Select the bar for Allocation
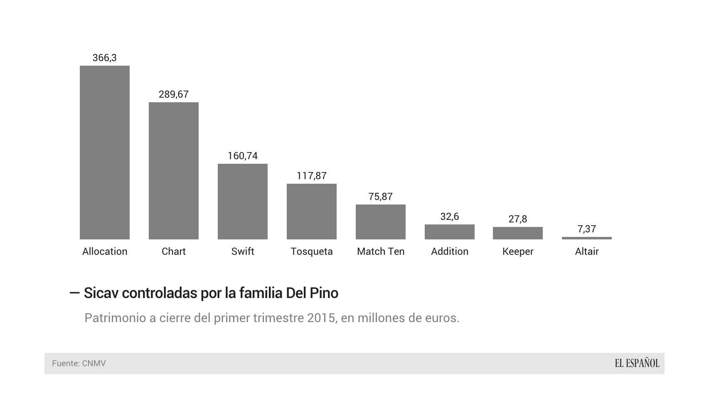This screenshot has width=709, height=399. pyautogui.click(x=105, y=152)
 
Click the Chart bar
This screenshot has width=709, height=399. pyautogui.click(x=174, y=170)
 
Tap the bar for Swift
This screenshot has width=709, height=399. pyautogui.click(x=243, y=201)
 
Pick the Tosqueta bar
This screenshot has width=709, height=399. pyautogui.click(x=312, y=211)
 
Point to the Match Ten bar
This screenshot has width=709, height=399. pyautogui.click(x=381, y=222)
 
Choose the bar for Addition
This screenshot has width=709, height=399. pyautogui.click(x=450, y=232)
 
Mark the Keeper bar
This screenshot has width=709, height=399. pyautogui.click(x=518, y=233)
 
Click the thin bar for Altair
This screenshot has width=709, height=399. pyautogui.click(x=587, y=238)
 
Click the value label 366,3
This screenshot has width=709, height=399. pyautogui.click(x=105, y=58)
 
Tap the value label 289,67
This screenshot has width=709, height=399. pyautogui.click(x=174, y=94)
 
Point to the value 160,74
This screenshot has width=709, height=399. pyautogui.click(x=243, y=156)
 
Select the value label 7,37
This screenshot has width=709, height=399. pyautogui.click(x=587, y=229)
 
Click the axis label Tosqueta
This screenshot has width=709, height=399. pyautogui.click(x=312, y=251)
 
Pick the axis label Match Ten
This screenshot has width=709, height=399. pyautogui.click(x=381, y=251)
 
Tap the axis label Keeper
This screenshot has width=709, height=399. pyautogui.click(x=518, y=251)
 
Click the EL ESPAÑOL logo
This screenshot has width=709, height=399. pyautogui.click(x=637, y=363)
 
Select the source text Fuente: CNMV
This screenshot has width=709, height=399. pyautogui.click(x=79, y=363)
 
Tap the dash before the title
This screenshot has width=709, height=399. pyautogui.click(x=75, y=293)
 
